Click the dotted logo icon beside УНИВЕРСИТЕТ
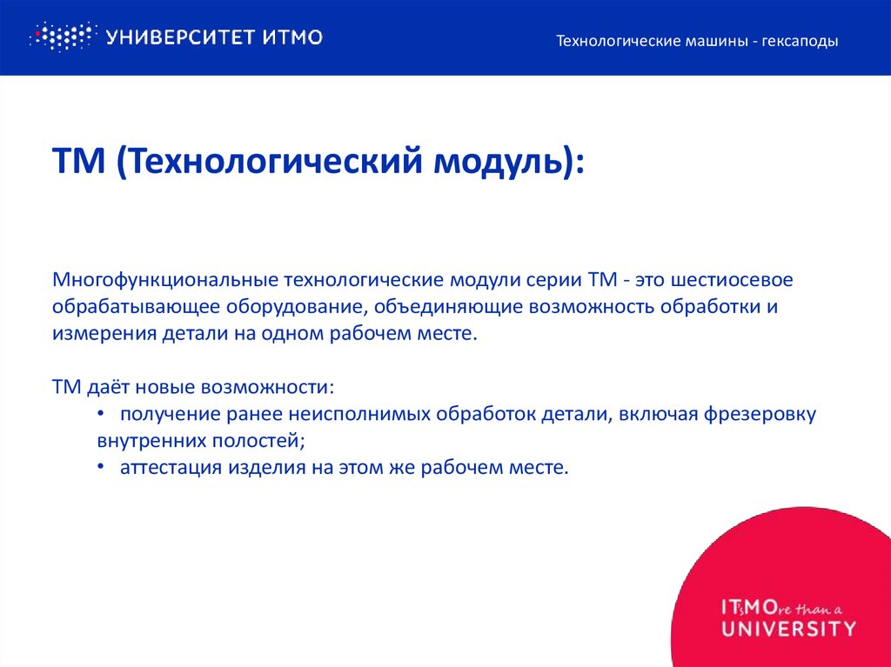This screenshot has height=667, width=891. click(x=61, y=37)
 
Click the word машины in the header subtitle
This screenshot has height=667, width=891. click(x=712, y=41)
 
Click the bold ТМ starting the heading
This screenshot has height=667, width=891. click(x=79, y=162)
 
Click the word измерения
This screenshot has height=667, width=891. click(x=104, y=334)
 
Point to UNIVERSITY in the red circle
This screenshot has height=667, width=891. click(x=788, y=627)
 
